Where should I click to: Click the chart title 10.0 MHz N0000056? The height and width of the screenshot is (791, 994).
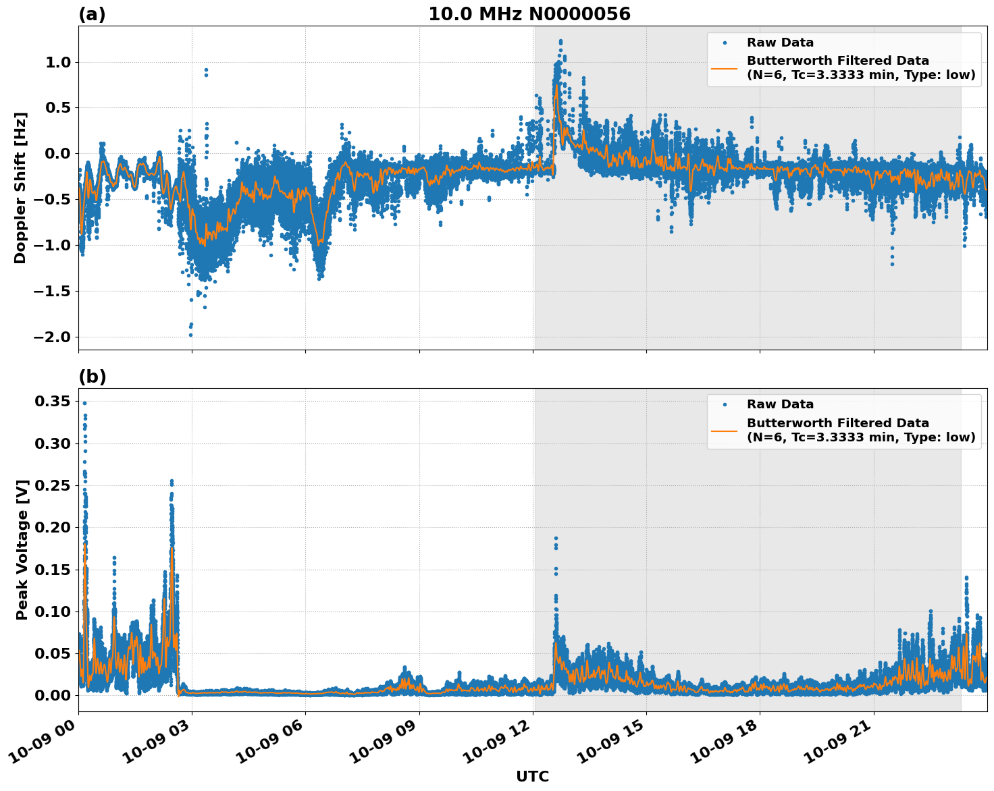tap(529, 14)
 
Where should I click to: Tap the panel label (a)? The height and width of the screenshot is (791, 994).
tap(92, 14)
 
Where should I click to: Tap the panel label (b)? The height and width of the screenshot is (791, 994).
tap(92, 377)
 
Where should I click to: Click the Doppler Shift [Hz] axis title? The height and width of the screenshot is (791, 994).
tap(20, 188)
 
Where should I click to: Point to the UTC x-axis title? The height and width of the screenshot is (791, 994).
tap(532, 777)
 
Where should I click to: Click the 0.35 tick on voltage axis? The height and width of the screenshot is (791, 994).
tap(52, 402)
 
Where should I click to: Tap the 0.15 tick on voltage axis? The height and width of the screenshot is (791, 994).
tap(52, 570)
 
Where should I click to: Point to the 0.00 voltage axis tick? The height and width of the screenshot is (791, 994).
tap(52, 695)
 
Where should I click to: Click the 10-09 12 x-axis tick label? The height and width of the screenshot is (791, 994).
tap(503, 742)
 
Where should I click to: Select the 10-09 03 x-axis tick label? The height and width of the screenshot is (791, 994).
tap(162, 742)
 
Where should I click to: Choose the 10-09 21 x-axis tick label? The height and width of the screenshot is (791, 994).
tap(844, 742)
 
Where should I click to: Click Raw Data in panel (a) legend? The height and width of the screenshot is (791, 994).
tap(780, 43)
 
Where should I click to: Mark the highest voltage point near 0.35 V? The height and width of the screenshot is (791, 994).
tap(84, 403)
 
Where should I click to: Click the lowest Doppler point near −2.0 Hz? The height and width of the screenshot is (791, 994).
tap(190, 335)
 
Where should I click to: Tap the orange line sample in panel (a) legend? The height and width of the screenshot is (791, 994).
tap(724, 67)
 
